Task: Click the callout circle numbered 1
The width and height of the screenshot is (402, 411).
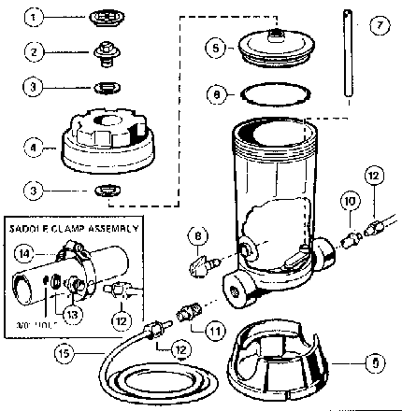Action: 34,18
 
